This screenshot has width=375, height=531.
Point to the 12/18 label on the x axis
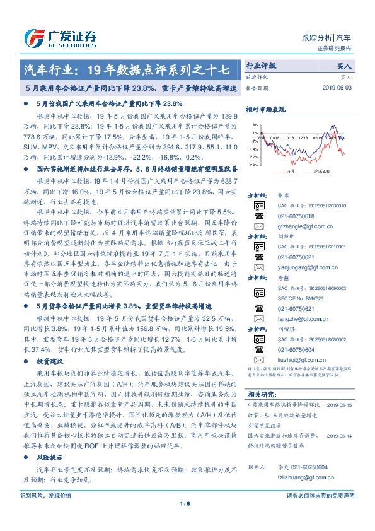(304, 136)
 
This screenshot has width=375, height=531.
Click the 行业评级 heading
(261, 66)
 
